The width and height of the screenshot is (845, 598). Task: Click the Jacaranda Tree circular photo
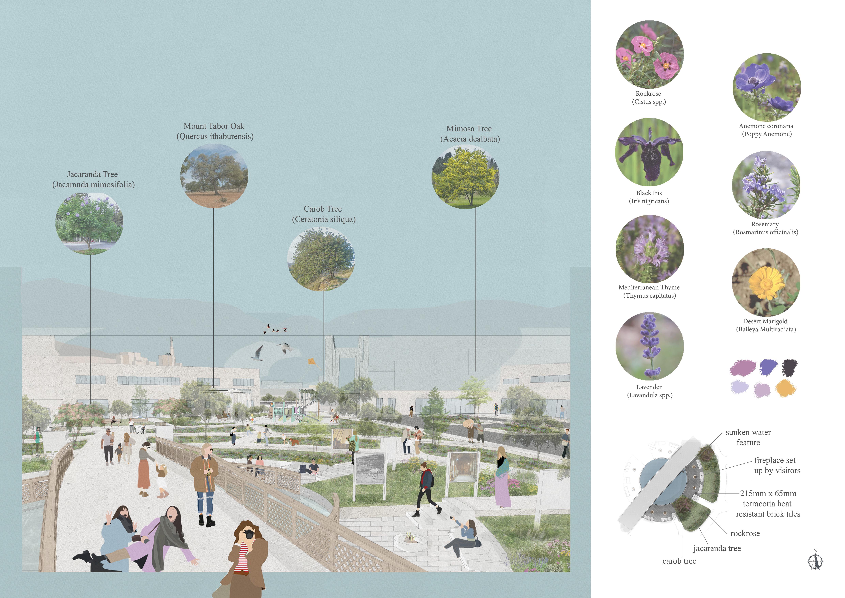[89, 223]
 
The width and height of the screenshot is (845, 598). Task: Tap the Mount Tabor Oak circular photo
[214, 176]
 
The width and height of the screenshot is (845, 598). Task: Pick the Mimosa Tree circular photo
[465, 177]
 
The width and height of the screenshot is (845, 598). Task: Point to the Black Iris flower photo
[649, 152]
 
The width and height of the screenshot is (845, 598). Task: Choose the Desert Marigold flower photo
[766, 282]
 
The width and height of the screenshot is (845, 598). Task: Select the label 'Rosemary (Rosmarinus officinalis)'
[765, 228]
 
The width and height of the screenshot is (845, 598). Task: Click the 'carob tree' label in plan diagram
[679, 561]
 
